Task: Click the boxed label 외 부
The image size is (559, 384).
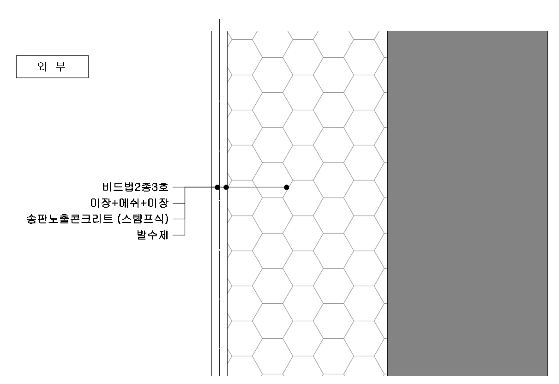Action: [53, 66]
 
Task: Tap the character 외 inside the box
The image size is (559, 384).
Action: [42, 66]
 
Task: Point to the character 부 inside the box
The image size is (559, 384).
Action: [60, 66]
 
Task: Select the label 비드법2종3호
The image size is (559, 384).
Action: [135, 187]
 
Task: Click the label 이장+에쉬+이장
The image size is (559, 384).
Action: [129, 203]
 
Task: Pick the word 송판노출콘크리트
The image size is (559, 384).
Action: [70, 219]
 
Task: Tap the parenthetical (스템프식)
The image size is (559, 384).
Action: [143, 219]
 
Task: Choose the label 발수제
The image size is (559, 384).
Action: [152, 235]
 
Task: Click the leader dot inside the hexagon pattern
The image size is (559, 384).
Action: [287, 187]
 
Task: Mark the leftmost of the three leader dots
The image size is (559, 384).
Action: [217, 187]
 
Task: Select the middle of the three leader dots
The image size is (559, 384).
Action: [226, 187]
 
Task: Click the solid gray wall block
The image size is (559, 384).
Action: [468, 204]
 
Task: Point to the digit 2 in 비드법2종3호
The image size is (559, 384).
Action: [138, 187]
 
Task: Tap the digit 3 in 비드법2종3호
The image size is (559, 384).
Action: [155, 187]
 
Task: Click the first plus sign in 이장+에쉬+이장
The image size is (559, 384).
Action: [115, 203]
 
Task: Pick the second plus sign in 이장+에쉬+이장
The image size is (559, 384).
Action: [144, 203]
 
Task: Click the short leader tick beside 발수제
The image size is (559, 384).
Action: [179, 235]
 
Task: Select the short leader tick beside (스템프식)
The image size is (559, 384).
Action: [179, 219]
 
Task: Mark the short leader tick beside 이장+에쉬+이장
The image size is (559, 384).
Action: [179, 204]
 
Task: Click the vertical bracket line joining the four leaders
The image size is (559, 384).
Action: [185, 211]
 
